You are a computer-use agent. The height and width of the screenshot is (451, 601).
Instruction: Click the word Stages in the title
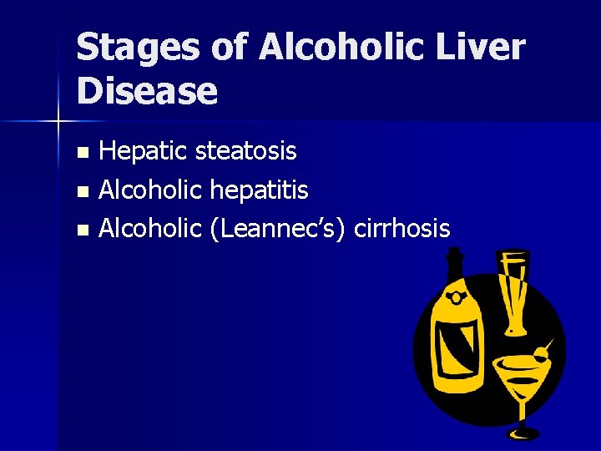[136, 48]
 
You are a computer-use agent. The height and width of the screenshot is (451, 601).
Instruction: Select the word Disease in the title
[147, 91]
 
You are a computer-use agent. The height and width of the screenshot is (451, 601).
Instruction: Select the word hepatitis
[259, 190]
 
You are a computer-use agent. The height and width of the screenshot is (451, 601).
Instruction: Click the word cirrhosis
[402, 228]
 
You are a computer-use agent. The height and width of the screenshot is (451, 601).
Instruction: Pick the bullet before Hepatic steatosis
[82, 153]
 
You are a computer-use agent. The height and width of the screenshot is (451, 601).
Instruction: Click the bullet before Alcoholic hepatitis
[82, 191]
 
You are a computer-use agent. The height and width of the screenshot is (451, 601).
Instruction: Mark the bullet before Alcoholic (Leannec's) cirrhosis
[82, 229]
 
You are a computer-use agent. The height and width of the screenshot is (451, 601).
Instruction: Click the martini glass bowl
[519, 374]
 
